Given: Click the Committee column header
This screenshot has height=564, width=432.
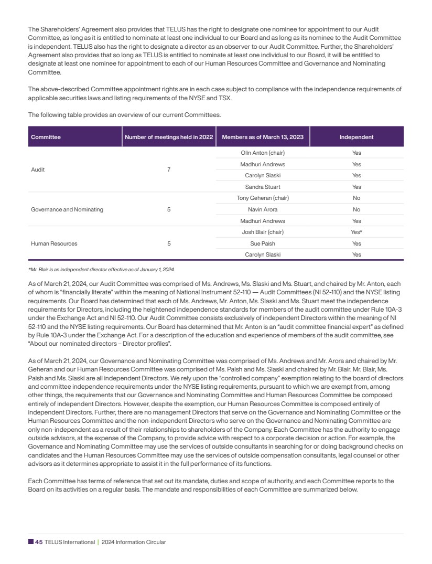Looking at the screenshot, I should tap(46, 137).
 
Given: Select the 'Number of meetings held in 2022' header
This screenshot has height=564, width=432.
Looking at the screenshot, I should tap(169, 137).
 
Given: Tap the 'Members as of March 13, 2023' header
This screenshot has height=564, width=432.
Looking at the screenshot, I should tap(263, 137).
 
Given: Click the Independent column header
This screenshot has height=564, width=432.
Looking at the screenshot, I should tap(357, 137).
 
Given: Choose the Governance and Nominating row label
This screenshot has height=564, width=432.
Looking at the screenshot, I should tap(67, 209).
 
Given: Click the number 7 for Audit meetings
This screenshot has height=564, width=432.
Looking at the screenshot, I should tap(169, 170).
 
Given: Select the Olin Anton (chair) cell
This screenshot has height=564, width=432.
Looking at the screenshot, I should tap(263, 153).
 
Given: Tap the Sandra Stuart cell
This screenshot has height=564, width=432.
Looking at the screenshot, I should tap(263, 187).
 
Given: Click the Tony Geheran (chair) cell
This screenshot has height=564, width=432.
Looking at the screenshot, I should tap(263, 198).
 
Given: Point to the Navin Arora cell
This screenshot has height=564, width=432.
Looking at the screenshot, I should tap(263, 209).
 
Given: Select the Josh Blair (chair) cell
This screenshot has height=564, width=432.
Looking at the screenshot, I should tap(263, 232).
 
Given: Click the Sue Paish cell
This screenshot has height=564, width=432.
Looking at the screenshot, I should tap(263, 243).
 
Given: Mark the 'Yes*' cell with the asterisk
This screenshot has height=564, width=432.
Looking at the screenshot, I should tap(357, 232).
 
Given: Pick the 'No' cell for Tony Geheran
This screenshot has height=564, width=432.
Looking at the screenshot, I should tap(357, 198).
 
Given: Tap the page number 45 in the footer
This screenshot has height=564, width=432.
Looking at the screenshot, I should tap(39, 542).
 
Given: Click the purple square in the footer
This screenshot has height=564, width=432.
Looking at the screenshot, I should tap(31, 542).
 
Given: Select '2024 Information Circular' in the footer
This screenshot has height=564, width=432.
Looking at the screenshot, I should tap(134, 542).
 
